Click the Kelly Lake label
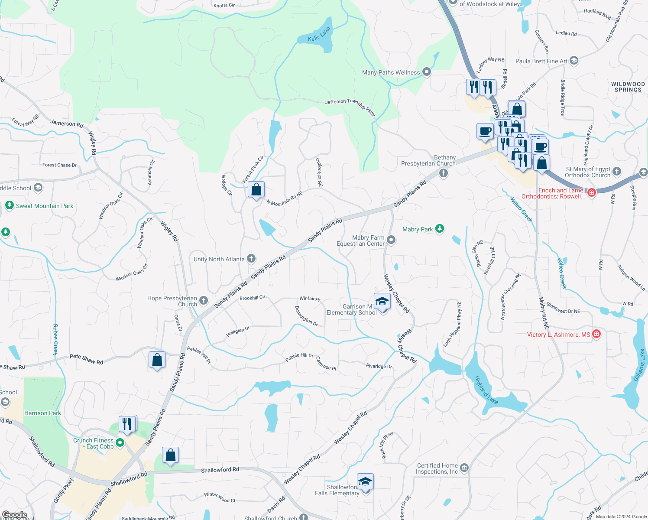pyautogui.click(x=319, y=34)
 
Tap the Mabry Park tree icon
pyautogui.click(x=440, y=229)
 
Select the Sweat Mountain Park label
pyautogui.click(x=45, y=206)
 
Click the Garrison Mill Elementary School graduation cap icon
pyautogui.click(x=382, y=302)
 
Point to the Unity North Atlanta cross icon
pyautogui.click(x=251, y=259)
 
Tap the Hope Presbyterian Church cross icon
pyautogui.click(x=204, y=301)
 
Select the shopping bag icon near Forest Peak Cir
pyautogui.click(x=256, y=190)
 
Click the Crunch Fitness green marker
pyautogui.click(x=120, y=443)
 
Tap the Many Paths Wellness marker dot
pyautogui.click(x=427, y=72)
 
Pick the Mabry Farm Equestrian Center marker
pyautogui.click(x=391, y=240)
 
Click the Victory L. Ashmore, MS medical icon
pyautogui.click(x=596, y=334)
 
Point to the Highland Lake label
pyautogui.click(x=486, y=390)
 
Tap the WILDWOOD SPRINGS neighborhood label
pyautogui.click(x=628, y=87)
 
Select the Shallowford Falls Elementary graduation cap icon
pyautogui.click(x=365, y=482)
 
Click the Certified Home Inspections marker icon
pyautogui.click(x=464, y=468)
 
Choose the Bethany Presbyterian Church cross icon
pyautogui.click(x=443, y=173)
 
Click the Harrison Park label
pyautogui.click(x=42, y=413)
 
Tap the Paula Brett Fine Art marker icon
pyautogui.click(x=574, y=61)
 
